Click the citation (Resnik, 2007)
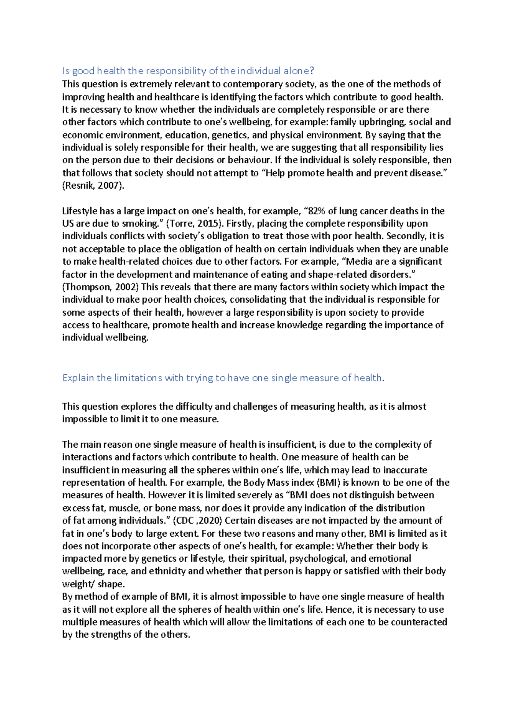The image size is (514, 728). (93, 186)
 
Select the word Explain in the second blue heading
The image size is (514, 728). (78, 378)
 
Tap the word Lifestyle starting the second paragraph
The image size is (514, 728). (79, 211)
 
